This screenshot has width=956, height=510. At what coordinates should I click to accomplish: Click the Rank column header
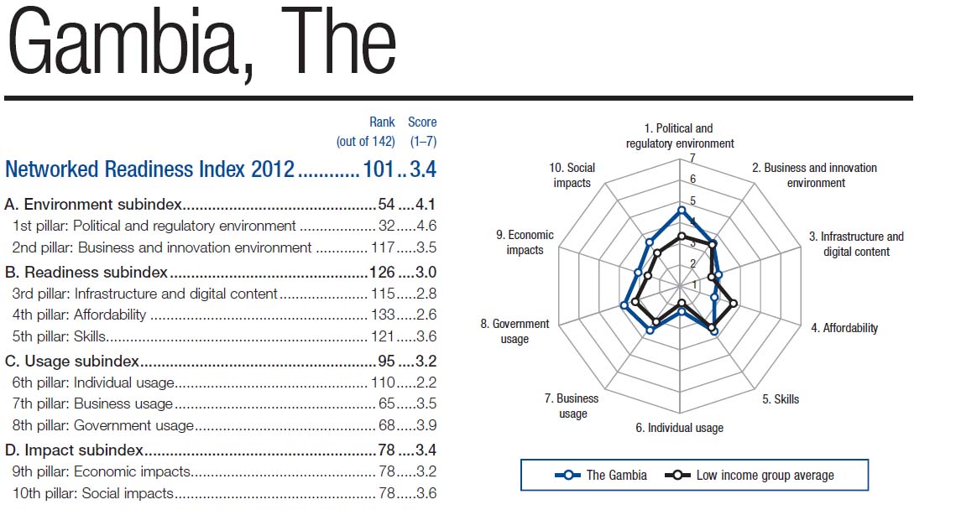click(x=382, y=122)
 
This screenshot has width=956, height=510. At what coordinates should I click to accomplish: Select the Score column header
click(x=422, y=122)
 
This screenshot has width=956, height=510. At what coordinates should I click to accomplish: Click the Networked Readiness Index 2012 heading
click(x=150, y=169)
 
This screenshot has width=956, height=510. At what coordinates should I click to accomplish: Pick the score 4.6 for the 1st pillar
click(x=426, y=226)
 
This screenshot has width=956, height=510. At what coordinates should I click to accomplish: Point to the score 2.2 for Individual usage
click(x=426, y=382)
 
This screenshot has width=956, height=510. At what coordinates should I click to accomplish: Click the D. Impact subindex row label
click(x=74, y=450)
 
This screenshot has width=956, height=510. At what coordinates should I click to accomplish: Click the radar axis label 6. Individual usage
click(x=679, y=428)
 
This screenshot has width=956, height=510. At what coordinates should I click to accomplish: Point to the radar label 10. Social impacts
click(x=572, y=175)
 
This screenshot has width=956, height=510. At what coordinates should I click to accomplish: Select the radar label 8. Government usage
click(x=515, y=331)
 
